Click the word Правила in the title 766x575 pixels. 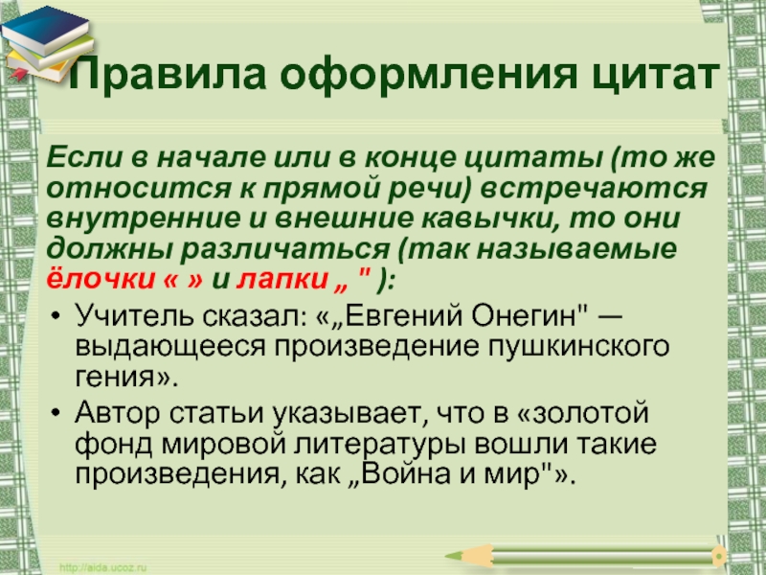(x=168, y=75)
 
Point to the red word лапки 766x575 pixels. (x=282, y=280)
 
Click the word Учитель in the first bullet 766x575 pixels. (x=135, y=316)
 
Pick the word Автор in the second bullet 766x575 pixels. (x=117, y=413)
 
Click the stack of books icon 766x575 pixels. (x=46, y=44)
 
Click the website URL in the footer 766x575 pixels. (x=103, y=567)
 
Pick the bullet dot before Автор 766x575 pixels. (x=56, y=412)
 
